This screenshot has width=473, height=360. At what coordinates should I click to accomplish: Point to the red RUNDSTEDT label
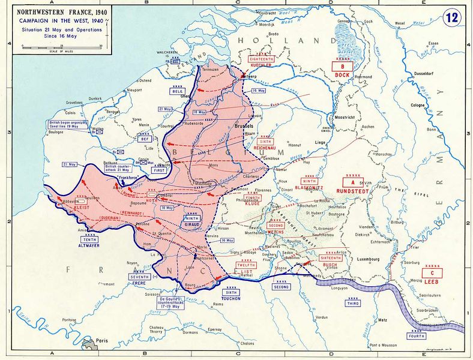[x=355, y=192]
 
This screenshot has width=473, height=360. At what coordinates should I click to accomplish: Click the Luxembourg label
[x=367, y=259]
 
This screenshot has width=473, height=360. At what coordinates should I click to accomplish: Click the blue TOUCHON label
[x=231, y=298]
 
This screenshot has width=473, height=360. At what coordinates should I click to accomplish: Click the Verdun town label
[x=322, y=316]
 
